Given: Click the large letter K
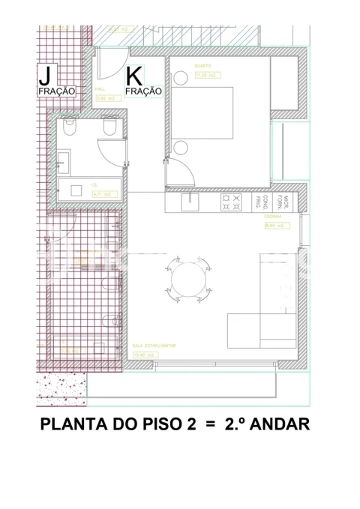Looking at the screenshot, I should coord(134,76).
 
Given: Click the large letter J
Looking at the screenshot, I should coord(45,75).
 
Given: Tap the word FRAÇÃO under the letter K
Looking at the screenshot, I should coord(143,91).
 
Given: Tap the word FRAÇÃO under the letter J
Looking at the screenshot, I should coord(57,91).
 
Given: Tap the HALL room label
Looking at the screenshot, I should coord(100,89).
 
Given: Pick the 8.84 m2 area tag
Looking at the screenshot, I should coord(275,225).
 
